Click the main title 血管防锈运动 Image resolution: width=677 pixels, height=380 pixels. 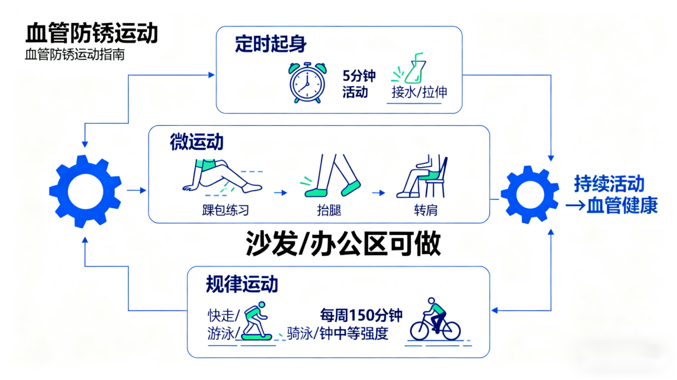click(92, 34)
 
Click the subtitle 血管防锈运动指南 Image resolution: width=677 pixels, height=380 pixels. click(74, 55)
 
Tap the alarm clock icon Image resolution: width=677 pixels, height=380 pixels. click(307, 82)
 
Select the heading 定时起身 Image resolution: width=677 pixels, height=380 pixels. click(270, 44)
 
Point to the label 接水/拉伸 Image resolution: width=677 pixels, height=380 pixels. click(419, 92)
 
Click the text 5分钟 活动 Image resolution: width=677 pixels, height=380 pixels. click(359, 83)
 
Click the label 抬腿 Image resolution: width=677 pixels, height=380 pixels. click(329, 210)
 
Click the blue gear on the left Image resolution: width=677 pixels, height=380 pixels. click(85, 191)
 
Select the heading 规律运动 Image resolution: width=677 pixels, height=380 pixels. click(242, 284)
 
